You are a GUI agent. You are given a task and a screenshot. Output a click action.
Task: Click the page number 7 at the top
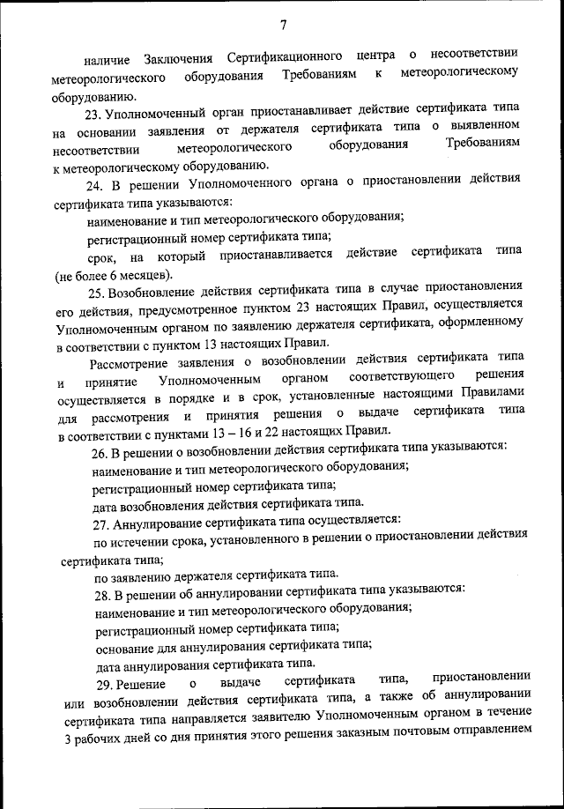click(283, 24)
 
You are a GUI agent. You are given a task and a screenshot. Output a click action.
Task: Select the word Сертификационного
click(286, 58)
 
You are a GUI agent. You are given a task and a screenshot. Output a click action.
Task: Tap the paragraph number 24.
click(94, 186)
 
